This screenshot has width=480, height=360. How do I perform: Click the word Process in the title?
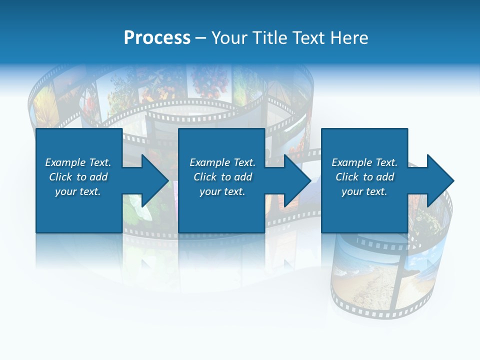pos(157,38)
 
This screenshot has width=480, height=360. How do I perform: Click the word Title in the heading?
pos(270,38)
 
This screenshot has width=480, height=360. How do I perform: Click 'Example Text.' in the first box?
pos(78,162)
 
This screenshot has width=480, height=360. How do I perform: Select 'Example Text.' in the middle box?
pos(222,162)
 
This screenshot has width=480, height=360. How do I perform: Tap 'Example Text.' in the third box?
pos(364,162)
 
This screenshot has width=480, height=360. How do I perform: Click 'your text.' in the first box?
pos(78,191)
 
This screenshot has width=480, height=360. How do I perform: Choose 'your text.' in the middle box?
pos(222,191)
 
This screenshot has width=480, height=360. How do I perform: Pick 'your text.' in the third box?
pos(364,191)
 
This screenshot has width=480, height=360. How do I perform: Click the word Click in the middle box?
pos(205,177)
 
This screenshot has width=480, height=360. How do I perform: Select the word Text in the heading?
pos(307,38)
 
